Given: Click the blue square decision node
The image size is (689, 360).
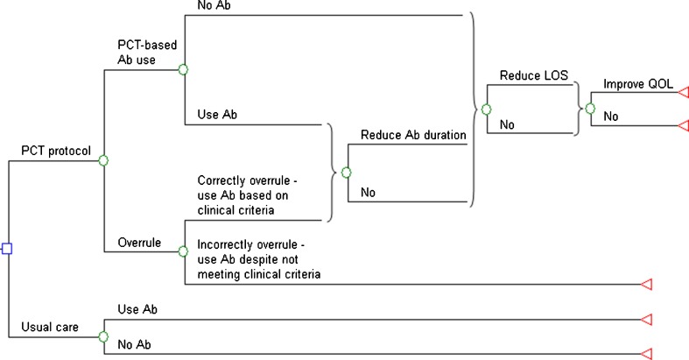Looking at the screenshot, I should [x=7, y=250].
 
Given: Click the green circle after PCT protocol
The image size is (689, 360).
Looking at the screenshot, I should [x=103, y=160].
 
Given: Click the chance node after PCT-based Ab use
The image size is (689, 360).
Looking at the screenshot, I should [x=184, y=69].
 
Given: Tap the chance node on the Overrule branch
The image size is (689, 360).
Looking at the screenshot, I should [x=184, y=251].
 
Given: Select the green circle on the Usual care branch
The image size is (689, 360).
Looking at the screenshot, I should [x=103, y=337].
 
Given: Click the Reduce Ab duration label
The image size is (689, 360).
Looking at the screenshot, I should [x=412, y=136].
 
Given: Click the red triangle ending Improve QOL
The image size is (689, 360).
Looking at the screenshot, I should [x=683, y=92].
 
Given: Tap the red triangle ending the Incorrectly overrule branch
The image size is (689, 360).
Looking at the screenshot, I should [x=648, y=284].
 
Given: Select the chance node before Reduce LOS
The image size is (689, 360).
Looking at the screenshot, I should [x=486, y=110].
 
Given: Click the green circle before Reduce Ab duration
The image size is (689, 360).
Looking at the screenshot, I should [x=347, y=172].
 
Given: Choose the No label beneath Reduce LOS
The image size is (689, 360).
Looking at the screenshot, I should [x=508, y=125].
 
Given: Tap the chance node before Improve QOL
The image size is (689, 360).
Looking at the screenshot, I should [x=590, y=109].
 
